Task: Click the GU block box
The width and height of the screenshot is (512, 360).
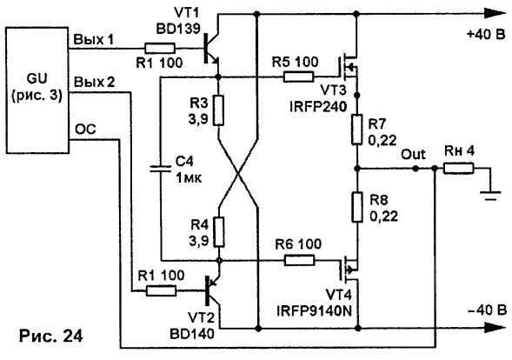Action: (x=37, y=90)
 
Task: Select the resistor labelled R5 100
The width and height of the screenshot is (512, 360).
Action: (x=299, y=77)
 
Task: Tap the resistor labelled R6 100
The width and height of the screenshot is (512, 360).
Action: (x=299, y=260)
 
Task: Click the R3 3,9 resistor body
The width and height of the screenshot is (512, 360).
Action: (x=219, y=110)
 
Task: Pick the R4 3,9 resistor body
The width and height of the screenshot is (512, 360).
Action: (x=219, y=231)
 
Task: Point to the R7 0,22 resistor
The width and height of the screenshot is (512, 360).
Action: (x=357, y=130)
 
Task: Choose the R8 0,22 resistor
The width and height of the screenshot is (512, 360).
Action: (x=357, y=207)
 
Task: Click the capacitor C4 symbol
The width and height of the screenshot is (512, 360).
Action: (x=160, y=169)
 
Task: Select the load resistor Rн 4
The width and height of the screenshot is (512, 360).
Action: (x=458, y=169)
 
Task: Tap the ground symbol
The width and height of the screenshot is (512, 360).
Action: (x=490, y=196)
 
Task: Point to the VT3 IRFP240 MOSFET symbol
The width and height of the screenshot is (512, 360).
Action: (x=348, y=69)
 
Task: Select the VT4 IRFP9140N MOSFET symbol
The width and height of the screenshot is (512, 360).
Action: (x=349, y=270)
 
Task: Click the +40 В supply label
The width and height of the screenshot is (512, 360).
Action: (x=486, y=34)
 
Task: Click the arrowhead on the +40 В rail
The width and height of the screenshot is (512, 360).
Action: (x=495, y=14)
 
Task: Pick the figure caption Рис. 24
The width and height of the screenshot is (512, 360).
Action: (x=51, y=336)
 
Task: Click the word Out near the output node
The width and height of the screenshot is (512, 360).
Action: (x=413, y=154)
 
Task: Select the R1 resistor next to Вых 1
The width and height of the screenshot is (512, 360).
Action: (x=160, y=49)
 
